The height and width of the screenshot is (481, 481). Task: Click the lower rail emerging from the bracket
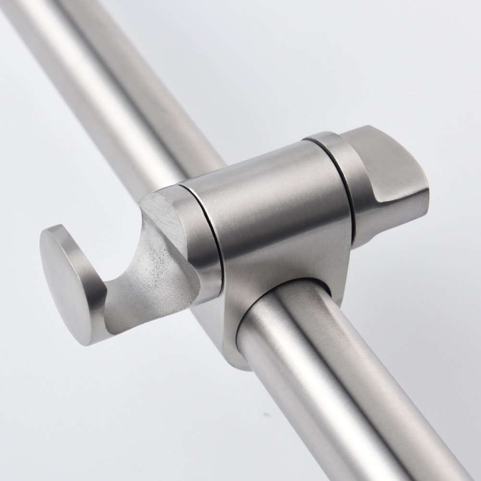337,385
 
